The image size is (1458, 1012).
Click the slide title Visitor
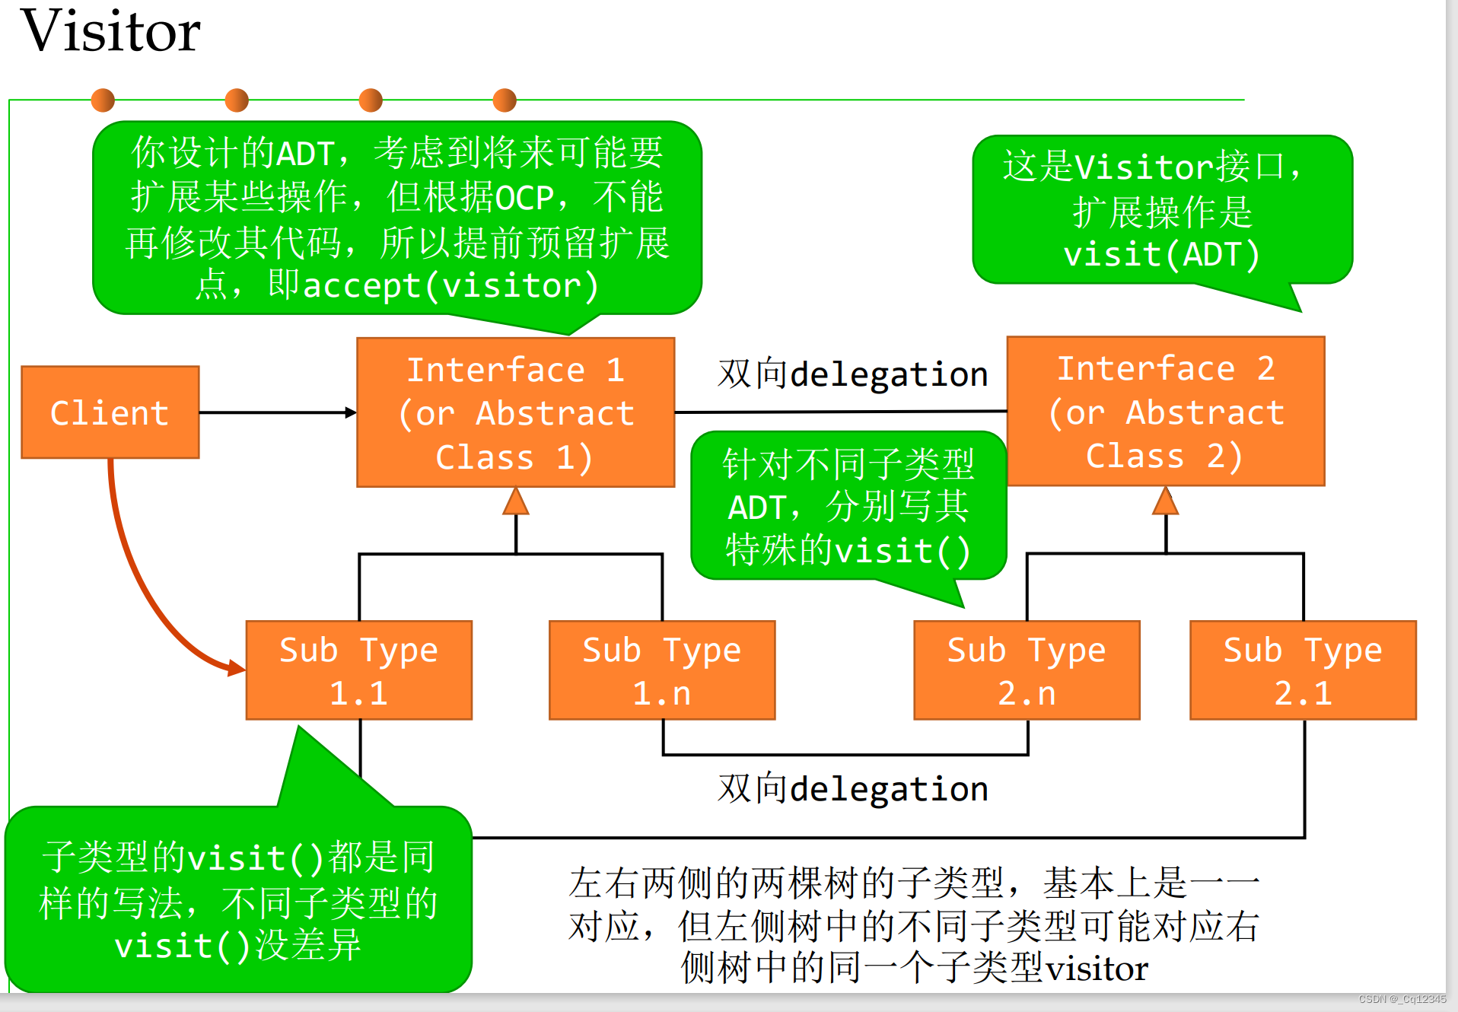coord(110,32)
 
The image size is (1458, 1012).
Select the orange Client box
coord(110,412)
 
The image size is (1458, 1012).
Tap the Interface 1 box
coord(515,412)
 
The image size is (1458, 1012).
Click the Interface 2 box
coord(1165,412)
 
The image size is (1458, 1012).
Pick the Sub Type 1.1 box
coord(358,670)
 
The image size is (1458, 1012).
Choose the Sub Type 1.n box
coord(661,670)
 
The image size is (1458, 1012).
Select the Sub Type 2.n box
coord(1026,670)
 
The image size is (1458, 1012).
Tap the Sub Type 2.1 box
coord(1302,670)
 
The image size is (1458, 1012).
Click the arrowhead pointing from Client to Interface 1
coord(351,412)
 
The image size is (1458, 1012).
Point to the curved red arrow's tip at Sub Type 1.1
coord(238,669)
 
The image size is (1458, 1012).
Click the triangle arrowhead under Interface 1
coord(516,502)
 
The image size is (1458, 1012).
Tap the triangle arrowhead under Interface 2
coord(1165,502)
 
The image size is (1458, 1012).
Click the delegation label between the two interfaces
coord(852,374)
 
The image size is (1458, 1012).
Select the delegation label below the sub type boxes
coord(852,789)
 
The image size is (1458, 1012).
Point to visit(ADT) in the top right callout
coord(1161,254)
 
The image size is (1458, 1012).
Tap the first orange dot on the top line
coord(103,100)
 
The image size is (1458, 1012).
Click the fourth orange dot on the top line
coord(505,100)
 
